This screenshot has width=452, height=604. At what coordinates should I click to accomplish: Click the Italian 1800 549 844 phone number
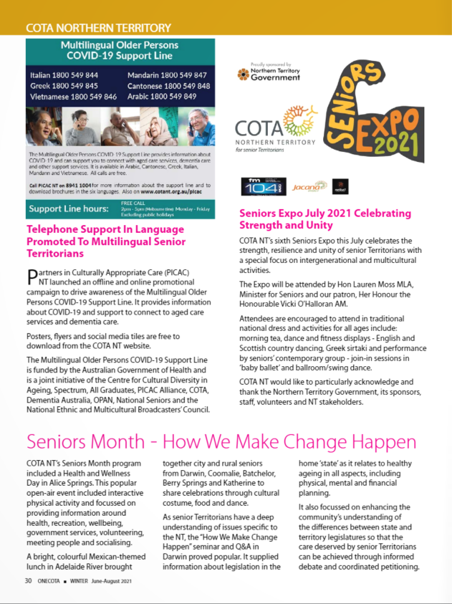coord(64,75)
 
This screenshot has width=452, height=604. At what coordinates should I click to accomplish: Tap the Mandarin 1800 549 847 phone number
coord(168,75)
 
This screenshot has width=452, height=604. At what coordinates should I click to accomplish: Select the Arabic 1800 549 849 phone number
coord(162,96)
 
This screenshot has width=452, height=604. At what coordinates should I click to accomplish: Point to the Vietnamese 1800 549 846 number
coord(73,96)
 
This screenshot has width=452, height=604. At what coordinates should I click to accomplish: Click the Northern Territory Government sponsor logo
coord(269,72)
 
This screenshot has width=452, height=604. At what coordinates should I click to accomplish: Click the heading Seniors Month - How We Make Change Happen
coord(221,441)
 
